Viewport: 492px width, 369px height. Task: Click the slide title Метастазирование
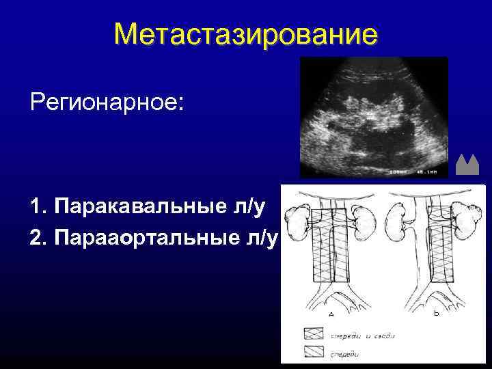pos(245,34)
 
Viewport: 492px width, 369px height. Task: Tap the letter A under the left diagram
pos(331,314)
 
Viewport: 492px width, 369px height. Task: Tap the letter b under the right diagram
pos(437,313)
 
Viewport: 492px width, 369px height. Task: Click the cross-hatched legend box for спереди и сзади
pos(314,335)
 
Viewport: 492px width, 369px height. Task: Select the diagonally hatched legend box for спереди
pos(314,354)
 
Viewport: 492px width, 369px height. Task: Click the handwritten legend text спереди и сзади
pos(363,336)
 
